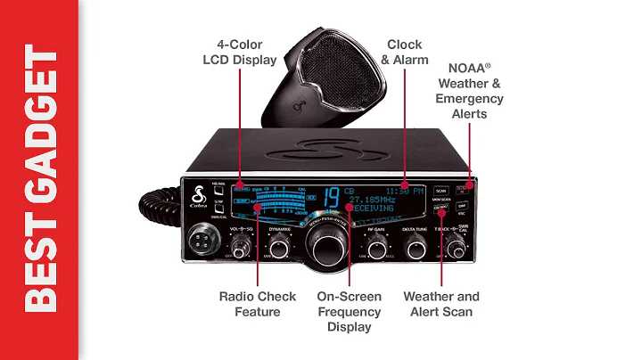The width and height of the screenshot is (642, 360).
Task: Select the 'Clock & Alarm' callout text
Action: click(403, 51)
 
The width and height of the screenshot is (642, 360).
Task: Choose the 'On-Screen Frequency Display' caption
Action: click(349, 312)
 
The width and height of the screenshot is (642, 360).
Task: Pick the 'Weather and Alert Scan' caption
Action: click(440, 304)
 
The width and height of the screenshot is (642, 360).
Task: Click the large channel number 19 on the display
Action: click(331, 196)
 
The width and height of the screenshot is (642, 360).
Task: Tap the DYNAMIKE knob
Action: click(279, 249)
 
